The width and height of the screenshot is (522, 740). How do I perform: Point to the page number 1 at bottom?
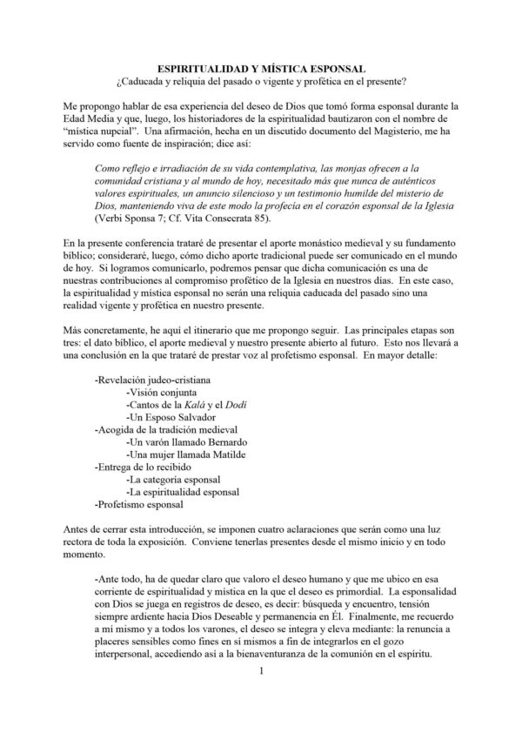click(x=260, y=696)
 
